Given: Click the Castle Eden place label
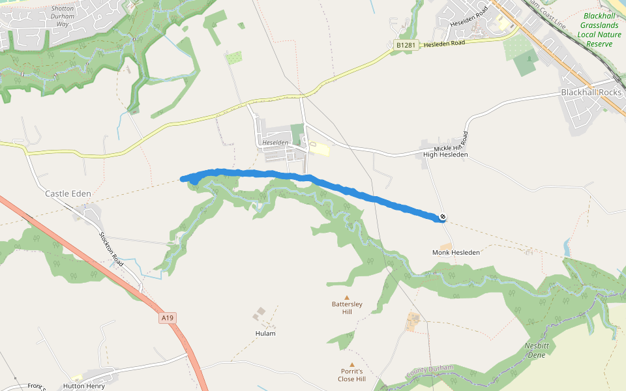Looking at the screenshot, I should pyautogui.click(x=68, y=194).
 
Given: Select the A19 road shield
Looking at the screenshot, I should pyautogui.click(x=168, y=318).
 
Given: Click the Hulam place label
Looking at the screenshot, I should pyautogui.click(x=265, y=333).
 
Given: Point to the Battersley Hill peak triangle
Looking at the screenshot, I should pyautogui.click(x=347, y=297).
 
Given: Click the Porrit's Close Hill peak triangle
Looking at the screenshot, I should pyautogui.click(x=352, y=365).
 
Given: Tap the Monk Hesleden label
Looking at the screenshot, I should pyautogui.click(x=456, y=252).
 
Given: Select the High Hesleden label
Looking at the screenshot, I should pyautogui.click(x=445, y=154).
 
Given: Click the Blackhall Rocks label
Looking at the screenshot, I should pyautogui.click(x=591, y=93).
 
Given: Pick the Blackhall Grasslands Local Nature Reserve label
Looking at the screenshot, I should pyautogui.click(x=599, y=30).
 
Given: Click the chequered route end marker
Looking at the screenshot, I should pyautogui.click(x=443, y=217).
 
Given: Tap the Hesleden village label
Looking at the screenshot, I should pyautogui.click(x=275, y=142).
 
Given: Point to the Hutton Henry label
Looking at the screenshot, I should pyautogui.click(x=84, y=386).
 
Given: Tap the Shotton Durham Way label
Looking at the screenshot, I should pyautogui.click(x=63, y=16).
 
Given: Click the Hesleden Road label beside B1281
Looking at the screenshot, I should pyautogui.click(x=444, y=43).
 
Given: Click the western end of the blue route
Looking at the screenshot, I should pyautogui.click(x=183, y=179).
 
